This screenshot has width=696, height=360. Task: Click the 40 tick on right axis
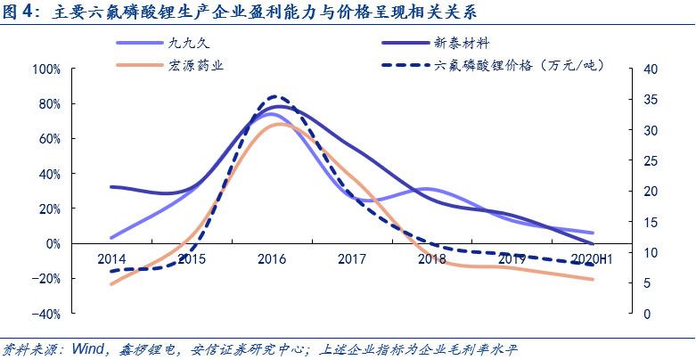tap(650, 70)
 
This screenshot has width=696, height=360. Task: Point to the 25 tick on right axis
tap(650, 161)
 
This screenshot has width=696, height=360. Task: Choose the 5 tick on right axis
tap(647, 283)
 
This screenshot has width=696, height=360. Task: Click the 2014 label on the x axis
tap(111, 259)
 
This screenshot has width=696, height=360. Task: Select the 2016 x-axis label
tap(272, 259)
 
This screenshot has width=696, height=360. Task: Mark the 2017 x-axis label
tap(352, 259)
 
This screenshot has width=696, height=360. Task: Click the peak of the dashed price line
tap(275, 96)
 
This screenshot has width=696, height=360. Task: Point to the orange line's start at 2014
tap(111, 284)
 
